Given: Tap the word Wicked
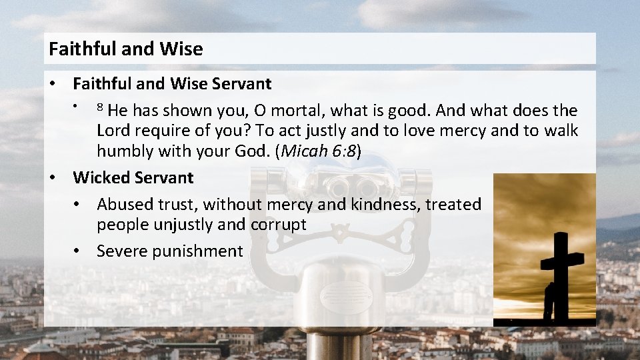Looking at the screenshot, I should pyautogui.click(x=101, y=177).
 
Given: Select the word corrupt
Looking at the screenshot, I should pyautogui.click(x=278, y=225).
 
